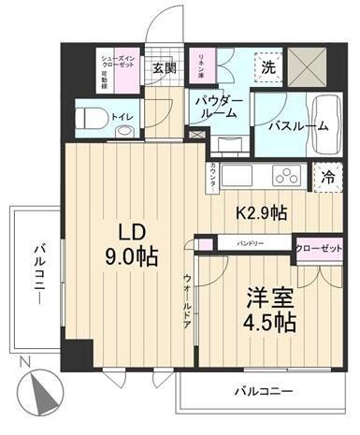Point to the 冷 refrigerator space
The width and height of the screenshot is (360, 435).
328,175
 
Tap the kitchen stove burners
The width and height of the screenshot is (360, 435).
284,175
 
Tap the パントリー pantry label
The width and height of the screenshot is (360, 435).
245,243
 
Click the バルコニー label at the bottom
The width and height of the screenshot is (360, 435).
263,390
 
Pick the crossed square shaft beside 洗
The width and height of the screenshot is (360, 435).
316,62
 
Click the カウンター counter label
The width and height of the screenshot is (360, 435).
213,176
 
